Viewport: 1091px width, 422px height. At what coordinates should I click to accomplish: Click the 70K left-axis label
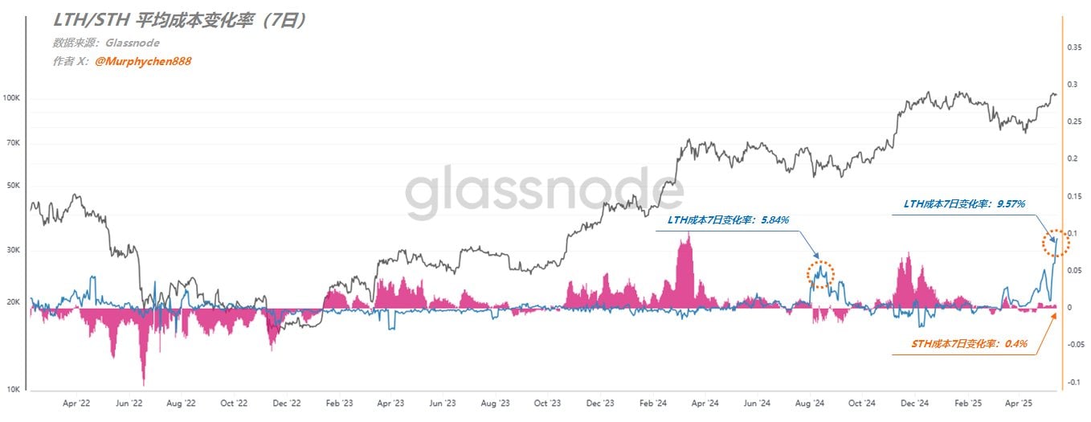tap(14, 143)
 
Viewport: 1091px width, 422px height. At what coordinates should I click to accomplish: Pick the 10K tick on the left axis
tap(14, 390)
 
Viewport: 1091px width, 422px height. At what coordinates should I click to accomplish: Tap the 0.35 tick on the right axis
tap(1073, 48)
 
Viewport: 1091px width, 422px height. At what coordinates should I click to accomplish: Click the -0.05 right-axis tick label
tap(1074, 345)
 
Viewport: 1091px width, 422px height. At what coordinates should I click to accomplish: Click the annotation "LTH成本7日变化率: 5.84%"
tap(729, 219)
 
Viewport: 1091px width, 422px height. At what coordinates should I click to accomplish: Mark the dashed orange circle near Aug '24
tap(820, 275)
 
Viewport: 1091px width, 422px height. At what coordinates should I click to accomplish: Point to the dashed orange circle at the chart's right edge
tap(1056, 243)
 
